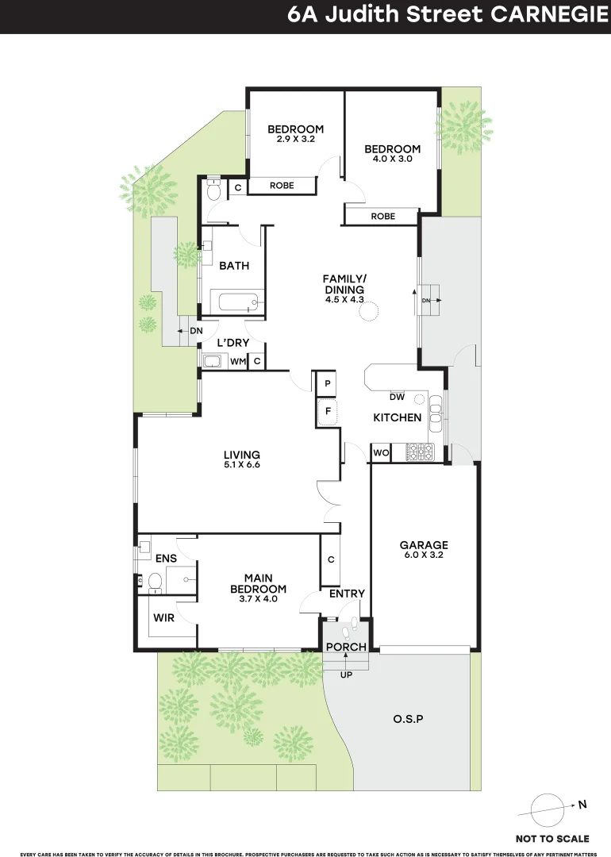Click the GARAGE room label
click(x=424, y=545)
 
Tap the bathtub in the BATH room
click(x=238, y=302)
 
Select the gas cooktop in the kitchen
click(x=419, y=452)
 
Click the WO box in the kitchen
click(x=381, y=452)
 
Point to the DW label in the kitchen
click(x=398, y=398)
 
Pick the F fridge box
click(x=328, y=411)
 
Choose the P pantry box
click(x=328, y=384)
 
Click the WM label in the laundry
click(x=238, y=361)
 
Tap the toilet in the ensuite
click(x=155, y=582)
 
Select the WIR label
click(x=164, y=618)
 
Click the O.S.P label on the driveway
click(x=408, y=719)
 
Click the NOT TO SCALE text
click(x=552, y=839)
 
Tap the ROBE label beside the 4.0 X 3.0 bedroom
click(x=383, y=217)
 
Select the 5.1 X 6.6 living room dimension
click(x=242, y=464)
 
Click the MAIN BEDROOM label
click(x=259, y=583)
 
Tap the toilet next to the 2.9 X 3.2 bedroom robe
click(x=213, y=189)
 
